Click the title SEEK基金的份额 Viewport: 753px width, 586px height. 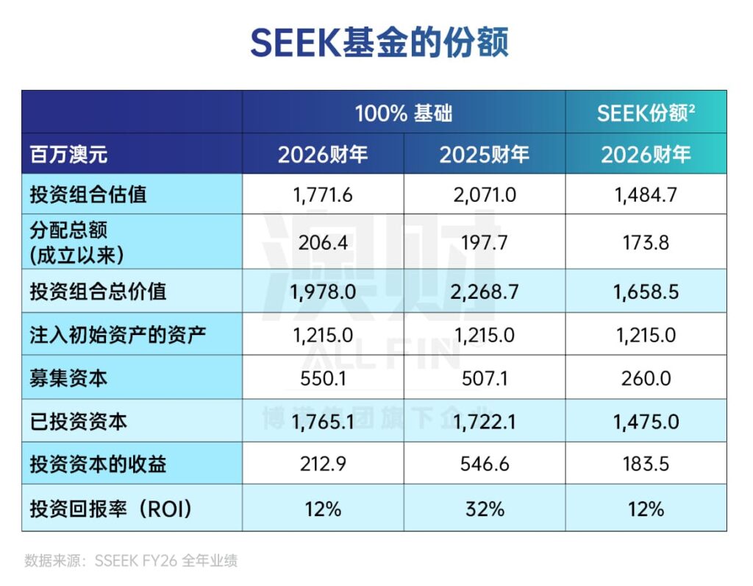[379, 43]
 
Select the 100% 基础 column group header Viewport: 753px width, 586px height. [404, 113]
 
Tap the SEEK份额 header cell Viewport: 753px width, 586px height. [646, 113]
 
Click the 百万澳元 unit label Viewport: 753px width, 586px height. [68, 155]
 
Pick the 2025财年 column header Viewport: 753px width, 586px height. [484, 155]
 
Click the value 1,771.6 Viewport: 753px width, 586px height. [323, 195]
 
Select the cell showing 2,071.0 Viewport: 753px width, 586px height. [485, 195]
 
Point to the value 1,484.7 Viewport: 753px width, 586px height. [646, 195]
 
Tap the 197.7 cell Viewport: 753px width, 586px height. [485, 242]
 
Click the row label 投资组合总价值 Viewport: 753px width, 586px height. [98, 292]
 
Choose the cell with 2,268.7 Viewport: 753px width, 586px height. [485, 292]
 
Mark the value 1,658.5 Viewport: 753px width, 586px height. [646, 292]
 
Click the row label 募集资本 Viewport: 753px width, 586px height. [68, 378]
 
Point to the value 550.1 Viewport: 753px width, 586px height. [323, 379]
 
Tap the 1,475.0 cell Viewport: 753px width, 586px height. [646, 422]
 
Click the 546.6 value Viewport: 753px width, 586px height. [485, 464]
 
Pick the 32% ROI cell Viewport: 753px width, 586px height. [485, 509]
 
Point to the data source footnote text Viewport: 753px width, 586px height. [131, 560]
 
